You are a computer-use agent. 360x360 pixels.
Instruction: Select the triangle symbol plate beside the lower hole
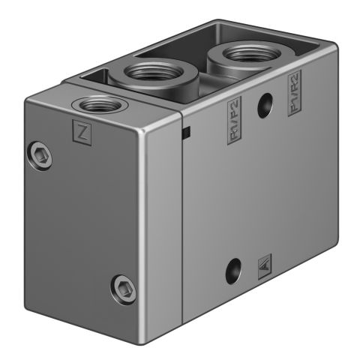tap(263, 262)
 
